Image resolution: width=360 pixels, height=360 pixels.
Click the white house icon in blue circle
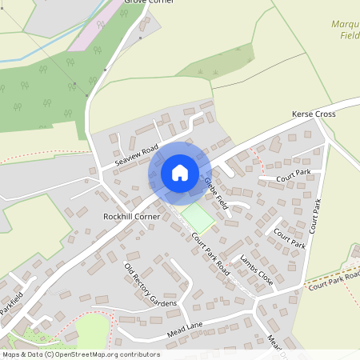180,173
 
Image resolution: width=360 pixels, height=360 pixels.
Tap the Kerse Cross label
314,115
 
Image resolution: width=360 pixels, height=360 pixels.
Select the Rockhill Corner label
128,217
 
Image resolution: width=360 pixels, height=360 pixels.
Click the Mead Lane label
186,326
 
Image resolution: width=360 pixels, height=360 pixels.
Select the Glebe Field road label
216,192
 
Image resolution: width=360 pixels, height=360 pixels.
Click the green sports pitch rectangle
198,217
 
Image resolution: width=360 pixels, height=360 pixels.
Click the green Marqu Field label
346,30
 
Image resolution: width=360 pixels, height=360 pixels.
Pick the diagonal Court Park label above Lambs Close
289,238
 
